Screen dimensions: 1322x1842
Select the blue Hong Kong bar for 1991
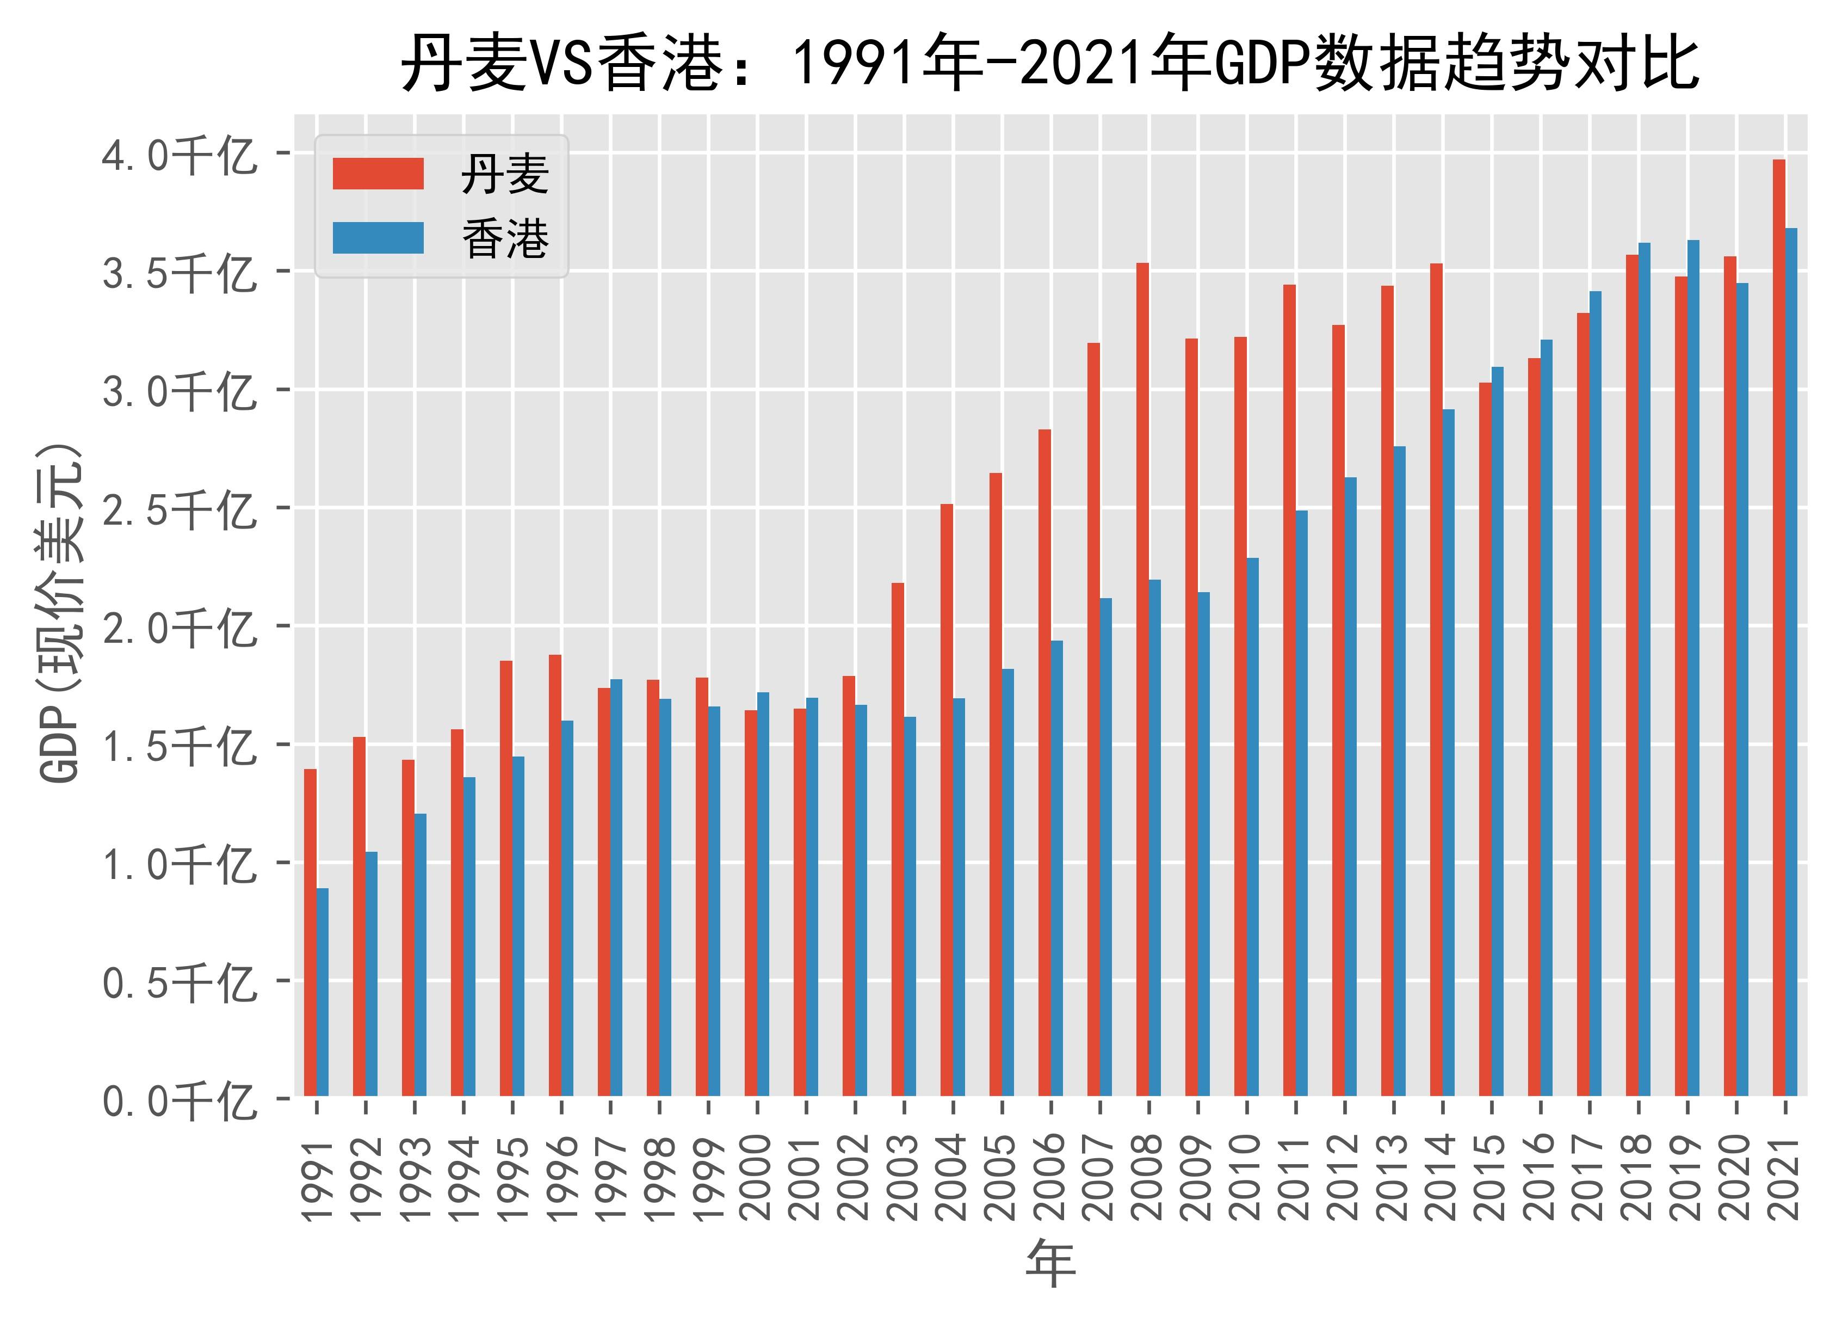pyautogui.click(x=323, y=992)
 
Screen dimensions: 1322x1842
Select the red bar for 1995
pyautogui.click(x=506, y=878)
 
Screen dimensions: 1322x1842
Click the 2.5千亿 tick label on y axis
pyautogui.click(x=178, y=509)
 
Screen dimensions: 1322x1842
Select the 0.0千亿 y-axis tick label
pyautogui.click(x=178, y=1102)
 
